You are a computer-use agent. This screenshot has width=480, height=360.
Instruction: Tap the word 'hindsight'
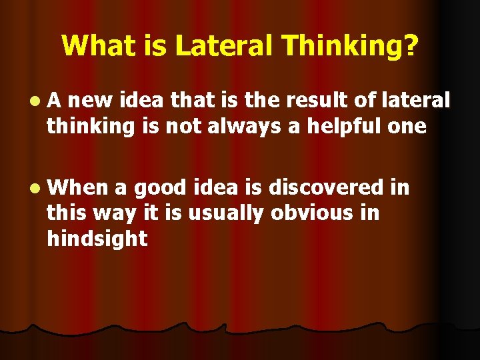click(x=96, y=239)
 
